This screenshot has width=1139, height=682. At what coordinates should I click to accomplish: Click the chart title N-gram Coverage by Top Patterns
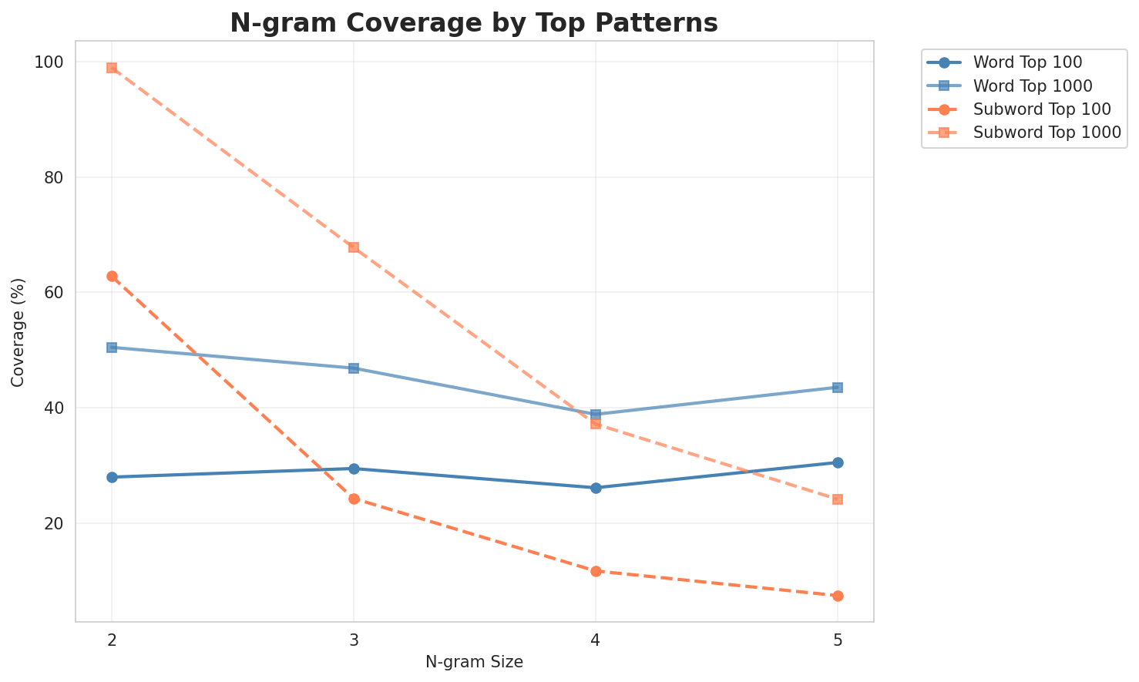474,23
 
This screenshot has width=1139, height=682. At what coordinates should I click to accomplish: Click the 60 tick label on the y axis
57,293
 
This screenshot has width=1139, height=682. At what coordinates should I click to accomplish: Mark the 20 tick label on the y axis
57,523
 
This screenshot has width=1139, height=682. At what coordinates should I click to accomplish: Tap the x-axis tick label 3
354,640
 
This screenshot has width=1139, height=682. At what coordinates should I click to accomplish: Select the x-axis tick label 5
838,640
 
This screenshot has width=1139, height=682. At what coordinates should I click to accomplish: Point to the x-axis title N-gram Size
474,662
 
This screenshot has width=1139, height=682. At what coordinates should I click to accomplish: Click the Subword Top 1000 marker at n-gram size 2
112,68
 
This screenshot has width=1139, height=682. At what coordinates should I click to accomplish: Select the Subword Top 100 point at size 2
112,276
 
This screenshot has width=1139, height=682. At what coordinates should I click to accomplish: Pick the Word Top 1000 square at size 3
354,368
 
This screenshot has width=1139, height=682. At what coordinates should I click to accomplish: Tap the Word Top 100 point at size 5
838,462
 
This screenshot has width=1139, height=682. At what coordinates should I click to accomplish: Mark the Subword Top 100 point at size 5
838,596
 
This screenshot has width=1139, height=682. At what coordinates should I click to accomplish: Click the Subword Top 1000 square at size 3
354,247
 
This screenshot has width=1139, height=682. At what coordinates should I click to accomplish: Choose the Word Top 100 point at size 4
596,488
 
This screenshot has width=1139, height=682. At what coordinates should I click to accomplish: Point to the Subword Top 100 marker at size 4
596,571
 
